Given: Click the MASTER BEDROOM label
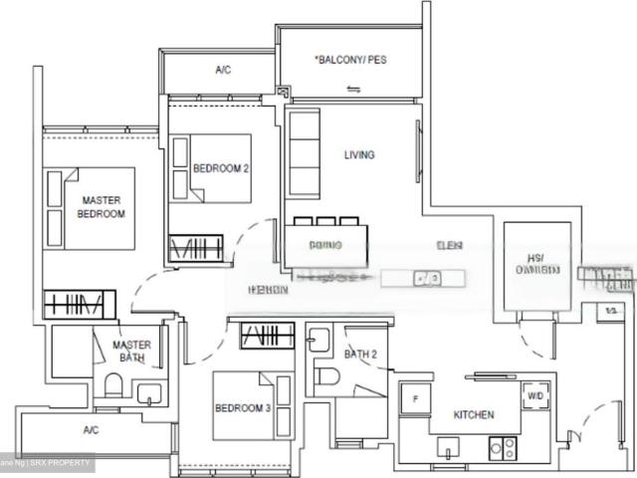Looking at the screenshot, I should [x=102, y=207].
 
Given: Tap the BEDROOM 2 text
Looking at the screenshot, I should [x=220, y=169].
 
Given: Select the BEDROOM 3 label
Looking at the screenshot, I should [x=243, y=408].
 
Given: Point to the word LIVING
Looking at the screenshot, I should [x=359, y=155].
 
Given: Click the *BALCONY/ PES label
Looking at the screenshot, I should [x=350, y=61].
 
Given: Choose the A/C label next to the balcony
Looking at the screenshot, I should [x=223, y=71].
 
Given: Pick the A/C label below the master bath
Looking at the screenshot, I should [x=91, y=430].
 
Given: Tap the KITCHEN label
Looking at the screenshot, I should [x=474, y=414].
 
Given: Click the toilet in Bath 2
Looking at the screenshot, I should [x=324, y=376].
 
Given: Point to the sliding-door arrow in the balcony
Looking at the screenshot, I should [x=352, y=89].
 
